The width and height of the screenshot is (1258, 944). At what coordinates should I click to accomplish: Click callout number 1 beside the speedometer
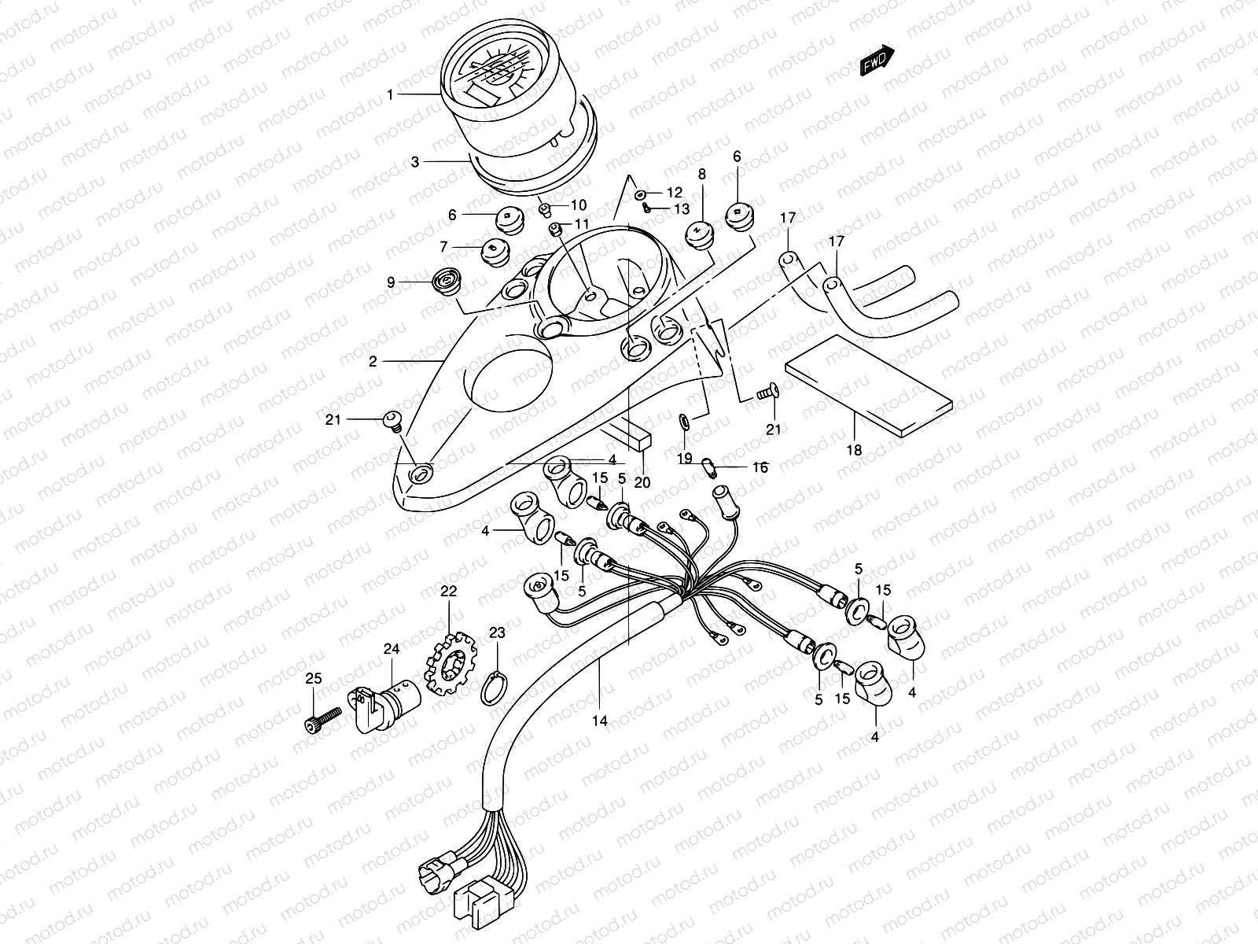(389, 94)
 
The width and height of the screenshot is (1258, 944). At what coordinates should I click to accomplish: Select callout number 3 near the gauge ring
(414, 162)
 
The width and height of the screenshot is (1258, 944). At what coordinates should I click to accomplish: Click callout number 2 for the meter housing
(373, 362)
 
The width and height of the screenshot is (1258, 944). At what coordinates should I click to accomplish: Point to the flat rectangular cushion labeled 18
(869, 385)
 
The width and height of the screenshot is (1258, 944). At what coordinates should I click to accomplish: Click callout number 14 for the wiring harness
(601, 720)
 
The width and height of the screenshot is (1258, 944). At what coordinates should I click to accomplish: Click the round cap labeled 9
(447, 280)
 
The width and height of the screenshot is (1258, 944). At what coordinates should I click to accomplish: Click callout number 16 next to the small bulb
(760, 467)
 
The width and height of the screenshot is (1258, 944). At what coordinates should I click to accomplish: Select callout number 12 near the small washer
(675, 192)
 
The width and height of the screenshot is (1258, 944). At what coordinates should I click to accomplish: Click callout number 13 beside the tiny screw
(681, 209)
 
